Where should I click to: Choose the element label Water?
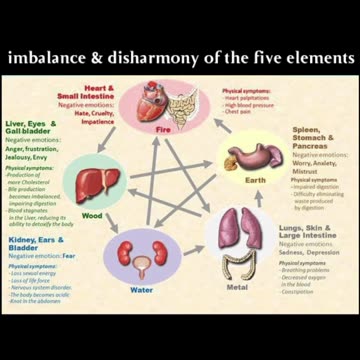pyautogui.click(x=141, y=290)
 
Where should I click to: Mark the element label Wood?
pyautogui.click(x=91, y=214)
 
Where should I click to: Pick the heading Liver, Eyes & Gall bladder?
pyautogui.click(x=28, y=131)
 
